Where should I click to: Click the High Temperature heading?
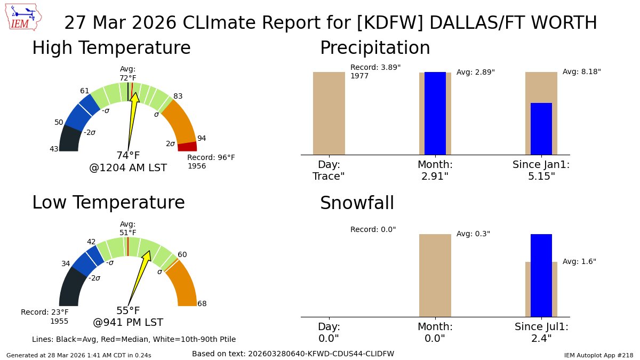[x=111, y=48]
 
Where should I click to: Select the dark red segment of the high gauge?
[x=187, y=147]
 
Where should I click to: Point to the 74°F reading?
[x=128, y=156]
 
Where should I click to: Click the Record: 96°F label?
[x=211, y=158]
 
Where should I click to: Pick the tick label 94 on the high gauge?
[x=202, y=139]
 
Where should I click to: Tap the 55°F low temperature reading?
[x=128, y=311]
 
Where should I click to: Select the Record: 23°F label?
[x=45, y=312]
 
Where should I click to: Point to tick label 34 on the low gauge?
[x=66, y=263]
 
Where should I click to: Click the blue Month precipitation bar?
[x=435, y=113]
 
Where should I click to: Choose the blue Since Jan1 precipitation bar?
[x=541, y=129]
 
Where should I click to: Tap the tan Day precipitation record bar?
[x=329, y=113]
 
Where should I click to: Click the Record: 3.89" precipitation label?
[x=375, y=68]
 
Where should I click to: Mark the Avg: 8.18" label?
[x=581, y=71]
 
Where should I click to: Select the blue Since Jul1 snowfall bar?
[x=541, y=275]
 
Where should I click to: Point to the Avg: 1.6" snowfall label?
[x=579, y=262]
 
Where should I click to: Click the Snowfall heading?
[x=357, y=203]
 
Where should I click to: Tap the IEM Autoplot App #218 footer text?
[x=598, y=355]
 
